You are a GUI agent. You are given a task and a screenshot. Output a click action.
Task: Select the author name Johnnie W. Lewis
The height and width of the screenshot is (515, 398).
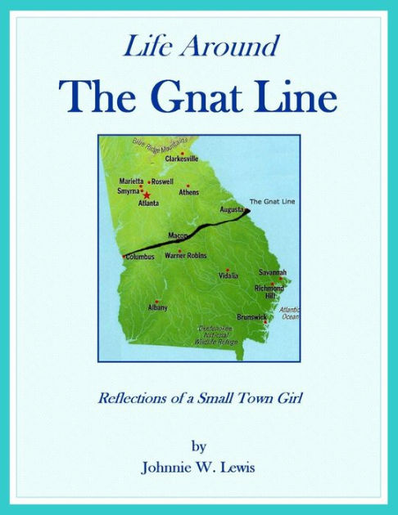click(x=199, y=467)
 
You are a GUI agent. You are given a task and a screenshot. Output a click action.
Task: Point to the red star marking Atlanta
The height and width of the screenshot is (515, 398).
click(x=147, y=195)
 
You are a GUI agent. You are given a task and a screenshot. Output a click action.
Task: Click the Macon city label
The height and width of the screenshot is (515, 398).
click(x=178, y=235)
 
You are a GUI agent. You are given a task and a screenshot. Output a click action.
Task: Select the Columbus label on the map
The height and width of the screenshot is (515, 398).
click(x=139, y=257)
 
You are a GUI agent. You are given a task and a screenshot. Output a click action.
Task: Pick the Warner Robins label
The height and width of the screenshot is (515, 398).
click(x=186, y=256)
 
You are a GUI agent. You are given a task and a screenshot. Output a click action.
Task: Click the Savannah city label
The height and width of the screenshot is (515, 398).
click(x=273, y=272)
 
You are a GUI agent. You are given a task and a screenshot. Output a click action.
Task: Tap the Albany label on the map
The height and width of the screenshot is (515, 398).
click(x=157, y=307)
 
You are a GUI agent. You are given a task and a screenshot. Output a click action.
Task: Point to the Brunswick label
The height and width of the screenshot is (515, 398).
click(x=251, y=316)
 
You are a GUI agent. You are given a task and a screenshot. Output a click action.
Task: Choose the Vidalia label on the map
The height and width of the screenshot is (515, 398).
click(x=228, y=276)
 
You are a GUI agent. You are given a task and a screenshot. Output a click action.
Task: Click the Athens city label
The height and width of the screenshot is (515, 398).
click(x=189, y=192)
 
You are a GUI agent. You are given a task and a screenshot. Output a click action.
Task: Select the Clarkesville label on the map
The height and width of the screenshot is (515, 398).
click(x=182, y=159)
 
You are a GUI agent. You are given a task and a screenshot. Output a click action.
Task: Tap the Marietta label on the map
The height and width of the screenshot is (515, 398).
click(x=131, y=181)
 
